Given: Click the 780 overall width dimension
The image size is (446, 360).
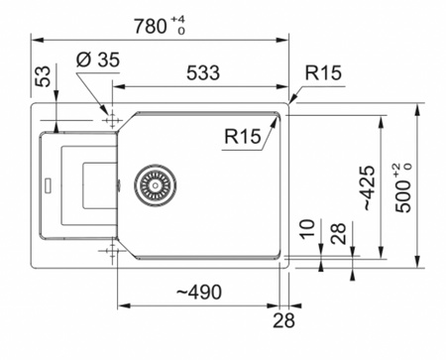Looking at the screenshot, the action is coord(151,26).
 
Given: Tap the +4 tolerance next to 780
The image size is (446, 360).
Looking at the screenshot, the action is coord(177,20).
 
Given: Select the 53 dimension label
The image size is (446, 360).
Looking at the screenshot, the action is coord(44,76).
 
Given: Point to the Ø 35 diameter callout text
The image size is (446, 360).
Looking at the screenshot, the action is coord(98,60).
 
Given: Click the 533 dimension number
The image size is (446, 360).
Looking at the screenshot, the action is coord(203,72).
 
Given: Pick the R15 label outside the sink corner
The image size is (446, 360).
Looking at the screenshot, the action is coord(323,72).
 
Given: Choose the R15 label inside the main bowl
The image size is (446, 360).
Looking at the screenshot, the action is coord(243,136).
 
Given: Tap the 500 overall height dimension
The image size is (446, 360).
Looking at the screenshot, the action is coord(403,195).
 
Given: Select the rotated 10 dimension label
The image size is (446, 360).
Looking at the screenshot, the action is coord(307,229).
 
